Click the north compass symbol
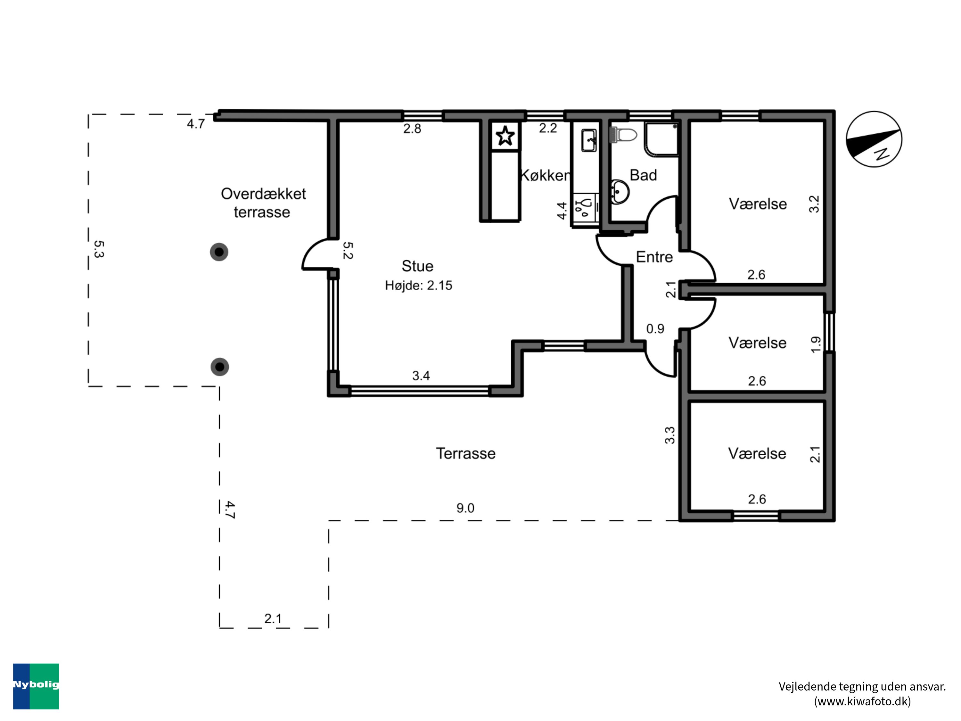(874, 139)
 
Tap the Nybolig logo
(36, 686)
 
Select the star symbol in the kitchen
(505, 136)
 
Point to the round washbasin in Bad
(620, 192)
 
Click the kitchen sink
(589, 140)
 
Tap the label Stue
(417, 266)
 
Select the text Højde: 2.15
(418, 286)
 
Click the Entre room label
(654, 257)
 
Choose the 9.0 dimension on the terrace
(465, 508)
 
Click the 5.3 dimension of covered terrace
(99, 249)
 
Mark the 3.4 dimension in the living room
(421, 376)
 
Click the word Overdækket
(263, 194)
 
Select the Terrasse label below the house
(466, 453)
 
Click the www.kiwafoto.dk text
(862, 701)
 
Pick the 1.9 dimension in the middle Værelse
(816, 344)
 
